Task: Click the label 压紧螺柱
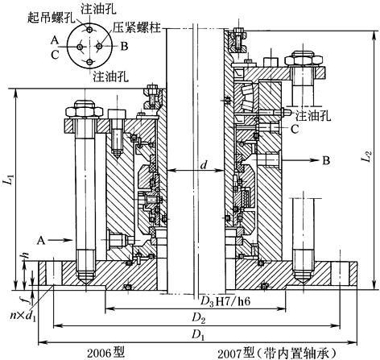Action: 137,27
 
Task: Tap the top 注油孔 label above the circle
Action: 98,9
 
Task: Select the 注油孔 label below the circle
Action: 110,77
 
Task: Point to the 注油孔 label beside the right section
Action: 313,116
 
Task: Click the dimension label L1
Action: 9,179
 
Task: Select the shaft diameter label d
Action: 204,164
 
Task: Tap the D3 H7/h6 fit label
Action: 225,302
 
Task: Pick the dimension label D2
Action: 199,319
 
